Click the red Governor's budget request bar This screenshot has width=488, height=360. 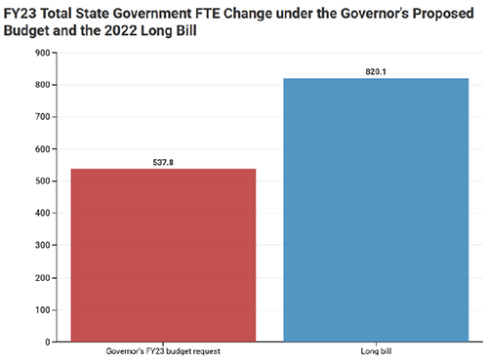pos(163,256)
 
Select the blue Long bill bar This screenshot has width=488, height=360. pos(376,210)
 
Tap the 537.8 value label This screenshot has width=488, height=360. pos(163,162)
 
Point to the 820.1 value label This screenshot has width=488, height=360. pos(376,72)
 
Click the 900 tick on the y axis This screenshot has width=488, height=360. pos(43,53)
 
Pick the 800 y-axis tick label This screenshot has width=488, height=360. pos(43,85)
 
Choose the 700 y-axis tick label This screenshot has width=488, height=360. pos(43,117)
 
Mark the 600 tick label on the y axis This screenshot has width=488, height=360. pos(43,149)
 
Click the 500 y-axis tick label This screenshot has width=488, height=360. pos(43,181)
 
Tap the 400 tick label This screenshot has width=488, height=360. pos(43,213)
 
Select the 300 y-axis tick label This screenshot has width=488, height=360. pos(43,245)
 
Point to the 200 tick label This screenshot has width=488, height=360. pos(43,278)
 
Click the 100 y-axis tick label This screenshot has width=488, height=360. pos(43,310)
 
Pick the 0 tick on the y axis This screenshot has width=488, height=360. pos(48,342)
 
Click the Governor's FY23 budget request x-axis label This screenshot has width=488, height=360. pos(163,351)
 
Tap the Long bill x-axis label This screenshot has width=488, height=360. pos(376,351)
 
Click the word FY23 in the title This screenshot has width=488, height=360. pos(20,14)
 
